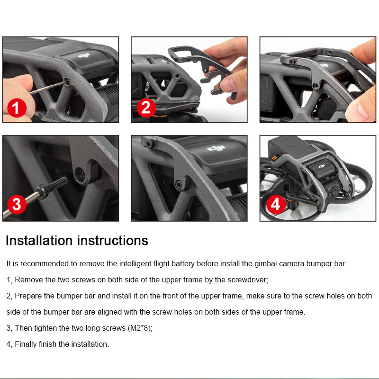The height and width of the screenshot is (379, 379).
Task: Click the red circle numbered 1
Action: coord(17,108)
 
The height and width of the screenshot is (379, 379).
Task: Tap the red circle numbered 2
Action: coord(146,108)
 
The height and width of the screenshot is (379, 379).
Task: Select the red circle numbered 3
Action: coord(17,205)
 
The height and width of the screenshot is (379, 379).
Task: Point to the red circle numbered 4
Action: coord(276,205)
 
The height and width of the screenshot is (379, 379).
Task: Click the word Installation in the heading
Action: coord(39,241)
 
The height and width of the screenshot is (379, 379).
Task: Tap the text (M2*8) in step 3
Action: coord(140,328)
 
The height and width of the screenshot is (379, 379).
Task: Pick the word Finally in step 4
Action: coord(26,344)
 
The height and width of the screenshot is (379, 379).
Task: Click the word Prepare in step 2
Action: coord(28,296)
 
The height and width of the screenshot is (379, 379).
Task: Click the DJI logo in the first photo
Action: coord(84,56)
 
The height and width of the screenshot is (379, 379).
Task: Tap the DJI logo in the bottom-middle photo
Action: coord(216,148)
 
